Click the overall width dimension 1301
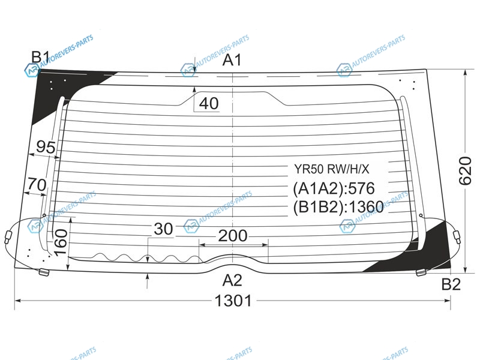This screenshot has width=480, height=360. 233,301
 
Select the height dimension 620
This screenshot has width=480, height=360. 465,171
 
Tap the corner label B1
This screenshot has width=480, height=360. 41,57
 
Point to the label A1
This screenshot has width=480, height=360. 232,60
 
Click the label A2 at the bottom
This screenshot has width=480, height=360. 232,280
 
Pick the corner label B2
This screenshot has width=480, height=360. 451,284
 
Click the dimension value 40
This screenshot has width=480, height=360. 209,103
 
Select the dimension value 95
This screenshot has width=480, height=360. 46,147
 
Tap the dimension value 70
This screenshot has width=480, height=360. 37,185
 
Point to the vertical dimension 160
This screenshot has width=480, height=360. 61,242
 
